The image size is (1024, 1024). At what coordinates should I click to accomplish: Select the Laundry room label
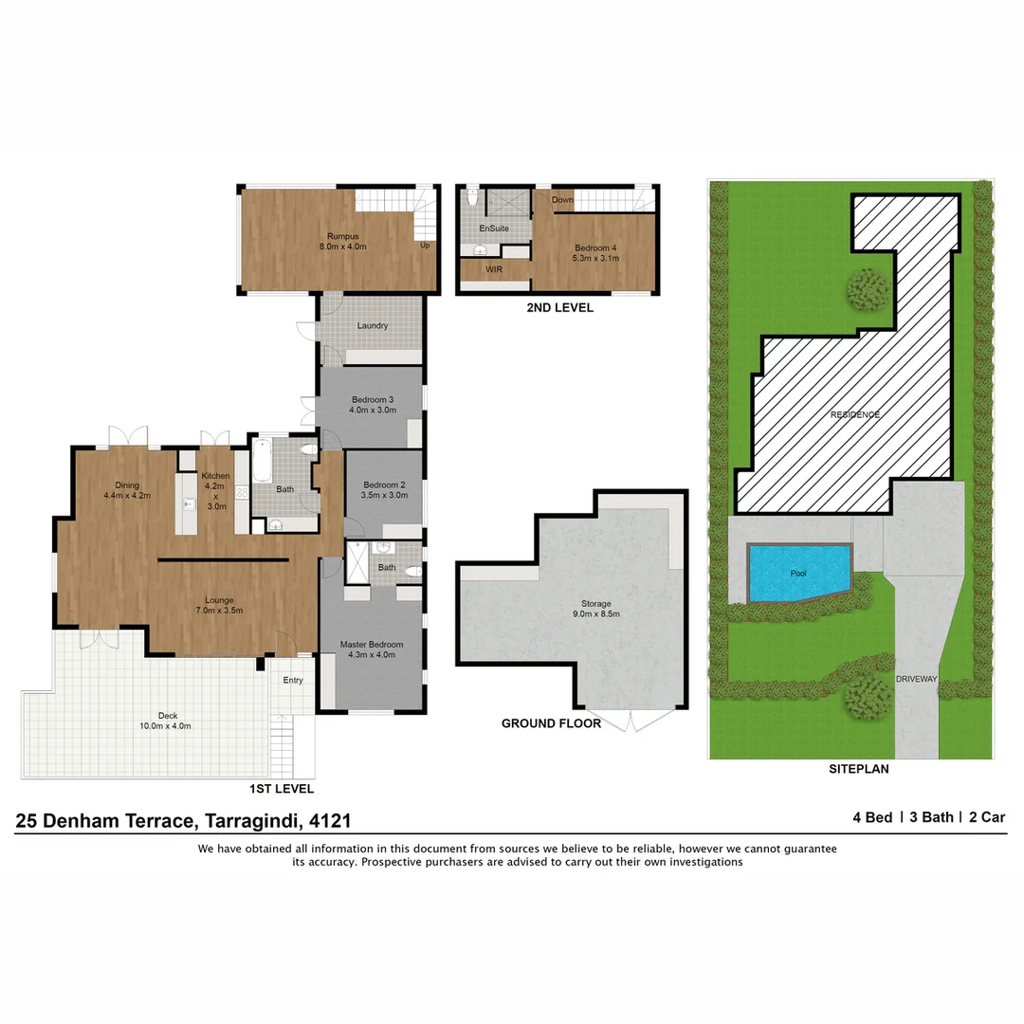pyautogui.click(x=373, y=325)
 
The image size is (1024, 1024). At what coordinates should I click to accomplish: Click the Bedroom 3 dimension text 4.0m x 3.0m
pyautogui.click(x=373, y=410)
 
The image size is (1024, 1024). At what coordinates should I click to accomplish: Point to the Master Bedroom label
pyautogui.click(x=372, y=645)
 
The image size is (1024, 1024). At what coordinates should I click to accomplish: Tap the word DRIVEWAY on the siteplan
pyautogui.click(x=917, y=680)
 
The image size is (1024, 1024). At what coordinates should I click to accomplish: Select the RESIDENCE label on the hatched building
pyautogui.click(x=855, y=414)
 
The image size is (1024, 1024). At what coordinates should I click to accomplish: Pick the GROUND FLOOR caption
pyautogui.click(x=551, y=723)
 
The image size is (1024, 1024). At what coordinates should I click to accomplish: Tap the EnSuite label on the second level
pyautogui.click(x=494, y=229)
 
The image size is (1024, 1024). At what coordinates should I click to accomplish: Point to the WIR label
pyautogui.click(x=494, y=269)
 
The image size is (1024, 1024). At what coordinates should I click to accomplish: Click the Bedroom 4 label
pyautogui.click(x=596, y=248)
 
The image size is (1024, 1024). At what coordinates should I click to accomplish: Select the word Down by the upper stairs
pyautogui.click(x=563, y=200)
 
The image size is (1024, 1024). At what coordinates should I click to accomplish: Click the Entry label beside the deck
pyautogui.click(x=293, y=680)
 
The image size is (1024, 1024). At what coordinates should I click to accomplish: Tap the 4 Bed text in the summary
pyautogui.click(x=872, y=816)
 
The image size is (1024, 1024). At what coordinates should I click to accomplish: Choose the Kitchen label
pyautogui.click(x=215, y=476)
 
